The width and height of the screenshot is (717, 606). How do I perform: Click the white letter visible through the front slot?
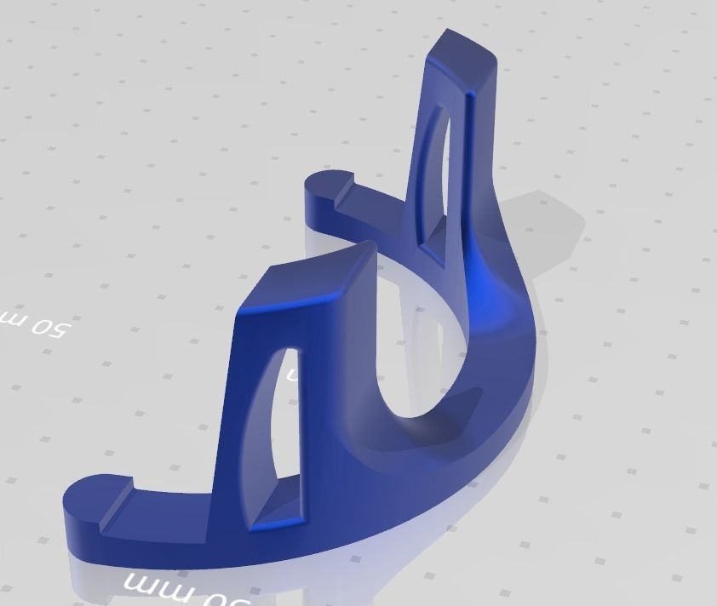[x=290, y=374]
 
